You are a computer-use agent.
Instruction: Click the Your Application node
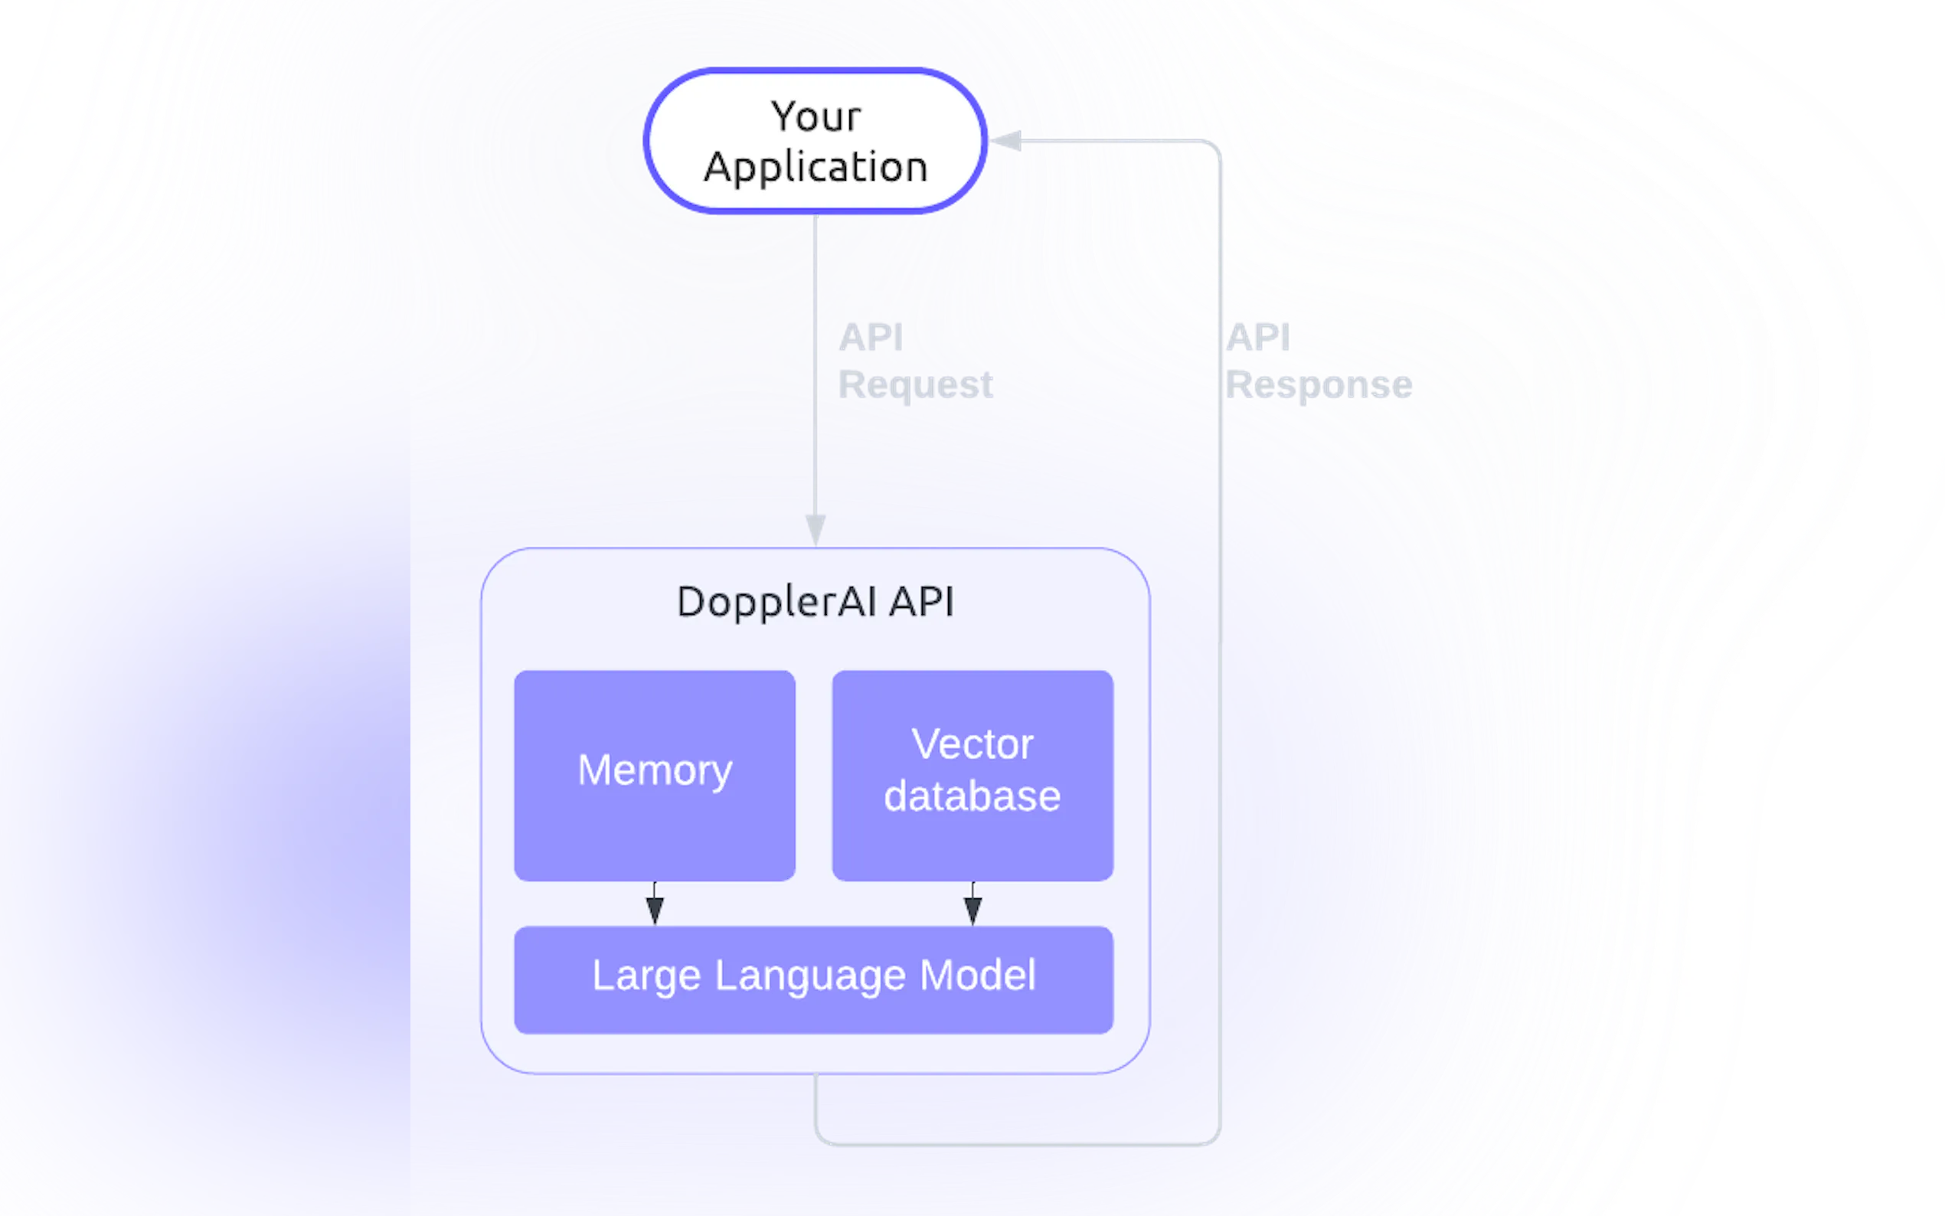pyautogui.click(x=816, y=141)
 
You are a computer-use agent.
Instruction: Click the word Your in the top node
pyautogui.click(x=816, y=116)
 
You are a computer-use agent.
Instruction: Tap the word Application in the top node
pyautogui.click(x=816, y=167)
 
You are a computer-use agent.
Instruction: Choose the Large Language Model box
pyautogui.click(x=814, y=979)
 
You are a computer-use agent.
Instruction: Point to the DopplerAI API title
pyautogui.click(x=816, y=602)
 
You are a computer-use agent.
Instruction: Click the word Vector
pyautogui.click(x=972, y=744)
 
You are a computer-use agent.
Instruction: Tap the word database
pyautogui.click(x=972, y=796)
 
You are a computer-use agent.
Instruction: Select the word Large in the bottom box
pyautogui.click(x=646, y=976)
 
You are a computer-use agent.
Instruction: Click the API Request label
pyautogui.click(x=915, y=361)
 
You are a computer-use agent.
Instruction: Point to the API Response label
pyautogui.click(x=1319, y=361)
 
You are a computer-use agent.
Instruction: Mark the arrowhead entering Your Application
pyautogui.click(x=1005, y=142)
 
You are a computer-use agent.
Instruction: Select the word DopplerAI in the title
pyautogui.click(x=776, y=602)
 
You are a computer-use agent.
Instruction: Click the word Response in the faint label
pyautogui.click(x=1319, y=385)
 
